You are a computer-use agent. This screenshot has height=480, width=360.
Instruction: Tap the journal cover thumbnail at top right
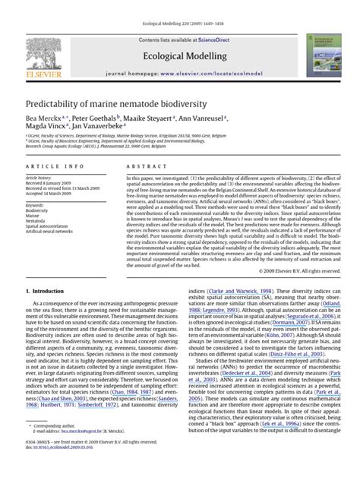pyautogui.click(x=321, y=51)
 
